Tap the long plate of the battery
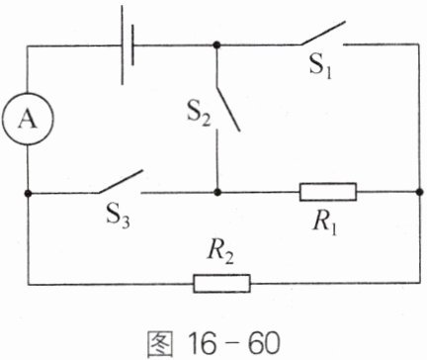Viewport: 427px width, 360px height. (123, 45)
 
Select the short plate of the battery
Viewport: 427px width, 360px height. (132, 45)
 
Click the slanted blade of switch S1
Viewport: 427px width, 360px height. (323, 33)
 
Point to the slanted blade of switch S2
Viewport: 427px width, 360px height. (228, 110)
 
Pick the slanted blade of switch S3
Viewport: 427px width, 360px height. (121, 181)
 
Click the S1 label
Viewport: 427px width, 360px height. (320, 66)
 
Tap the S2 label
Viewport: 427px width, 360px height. (199, 114)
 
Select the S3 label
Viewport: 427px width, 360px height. (118, 216)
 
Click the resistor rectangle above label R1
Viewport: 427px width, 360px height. (328, 192)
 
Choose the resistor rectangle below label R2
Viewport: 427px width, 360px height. (221, 284)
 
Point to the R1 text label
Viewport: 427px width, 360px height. (325, 224)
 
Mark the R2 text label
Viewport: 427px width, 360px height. (220, 253)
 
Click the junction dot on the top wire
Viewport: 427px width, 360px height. (216, 45)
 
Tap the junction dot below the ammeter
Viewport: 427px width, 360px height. (28, 193)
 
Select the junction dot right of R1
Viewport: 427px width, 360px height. (419, 192)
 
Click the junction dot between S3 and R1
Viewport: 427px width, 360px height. (216, 192)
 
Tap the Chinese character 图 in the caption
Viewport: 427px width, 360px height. (159, 343)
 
